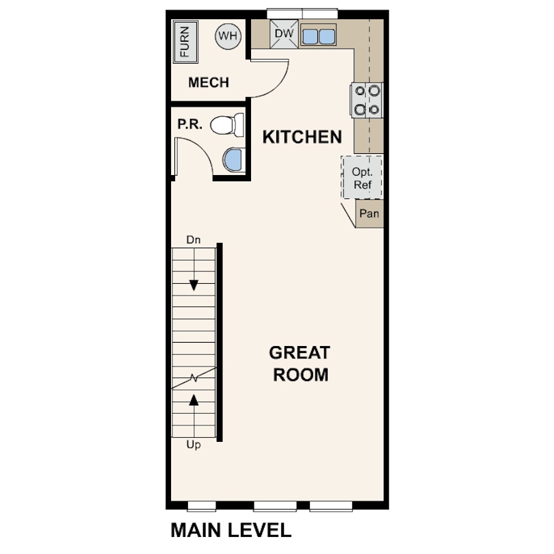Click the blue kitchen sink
pyautogui.click(x=318, y=36)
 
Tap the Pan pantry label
pyautogui.click(x=369, y=213)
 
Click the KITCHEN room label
pyautogui.click(x=302, y=137)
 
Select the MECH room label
pyautogui.click(x=209, y=83)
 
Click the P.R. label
pyautogui.click(x=189, y=125)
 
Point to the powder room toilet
pyautogui.click(x=228, y=124)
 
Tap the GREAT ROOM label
pyautogui.click(x=299, y=364)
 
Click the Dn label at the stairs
pyautogui.click(x=194, y=240)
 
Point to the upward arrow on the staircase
pyautogui.click(x=194, y=399)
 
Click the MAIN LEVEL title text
pyautogui.click(x=230, y=530)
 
